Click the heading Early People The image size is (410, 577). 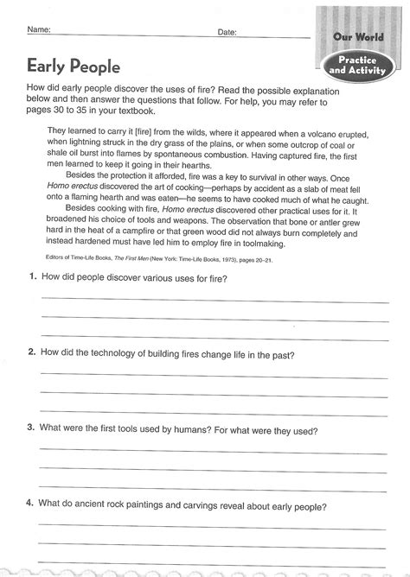61,65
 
